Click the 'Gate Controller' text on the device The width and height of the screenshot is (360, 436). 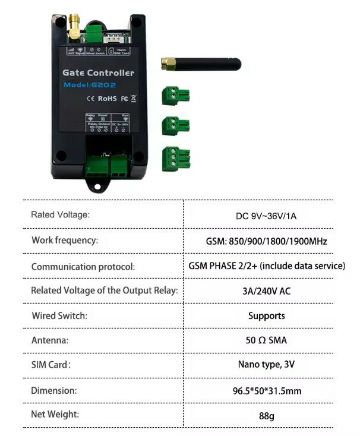(98, 72)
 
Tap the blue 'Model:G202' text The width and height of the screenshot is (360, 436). (90, 86)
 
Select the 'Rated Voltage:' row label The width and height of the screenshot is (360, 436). (60, 214)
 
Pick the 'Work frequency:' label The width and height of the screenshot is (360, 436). (65, 241)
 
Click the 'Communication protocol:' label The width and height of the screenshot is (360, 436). (83, 267)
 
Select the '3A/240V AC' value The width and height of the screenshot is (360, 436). (266, 291)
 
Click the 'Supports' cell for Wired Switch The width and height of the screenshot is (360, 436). (266, 316)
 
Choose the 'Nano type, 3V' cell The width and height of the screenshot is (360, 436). (266, 365)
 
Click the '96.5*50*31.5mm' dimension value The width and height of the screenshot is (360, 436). (266, 391)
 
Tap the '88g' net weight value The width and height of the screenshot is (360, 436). (266, 416)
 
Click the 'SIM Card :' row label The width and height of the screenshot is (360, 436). (50, 365)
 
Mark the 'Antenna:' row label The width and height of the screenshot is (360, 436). (50, 341)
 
